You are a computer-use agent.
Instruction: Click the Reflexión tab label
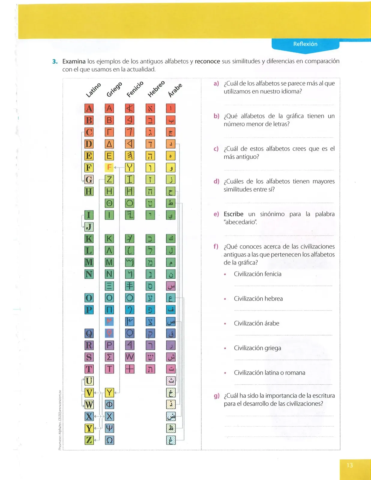305,44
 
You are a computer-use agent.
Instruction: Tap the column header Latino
93,90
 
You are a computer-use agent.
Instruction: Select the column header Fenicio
135,89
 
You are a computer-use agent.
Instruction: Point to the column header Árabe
175,90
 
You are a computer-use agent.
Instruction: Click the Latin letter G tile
89,179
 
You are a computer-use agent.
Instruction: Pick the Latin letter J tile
89,227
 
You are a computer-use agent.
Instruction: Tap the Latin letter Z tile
89,440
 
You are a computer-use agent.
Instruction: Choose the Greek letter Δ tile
109,144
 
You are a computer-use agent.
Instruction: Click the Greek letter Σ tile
109,357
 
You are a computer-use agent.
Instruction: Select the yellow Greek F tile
109,167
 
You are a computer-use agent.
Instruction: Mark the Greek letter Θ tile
109,203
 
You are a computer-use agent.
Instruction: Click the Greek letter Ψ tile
109,428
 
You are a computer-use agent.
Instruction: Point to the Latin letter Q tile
89,333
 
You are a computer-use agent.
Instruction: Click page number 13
350,465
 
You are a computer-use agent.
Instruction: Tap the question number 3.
55,61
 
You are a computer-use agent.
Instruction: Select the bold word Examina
74,61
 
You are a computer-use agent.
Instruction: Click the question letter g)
216,396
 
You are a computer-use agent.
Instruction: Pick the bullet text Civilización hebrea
258,298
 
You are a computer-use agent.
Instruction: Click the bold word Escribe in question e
233,214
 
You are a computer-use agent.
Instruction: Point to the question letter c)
216,149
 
